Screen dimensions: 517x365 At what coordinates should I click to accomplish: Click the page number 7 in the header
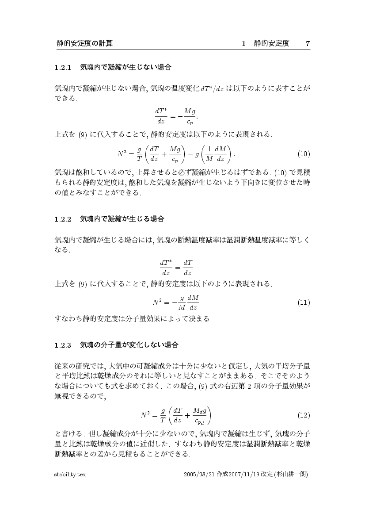click(x=308, y=43)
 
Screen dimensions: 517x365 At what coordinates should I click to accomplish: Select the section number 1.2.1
click(x=63, y=68)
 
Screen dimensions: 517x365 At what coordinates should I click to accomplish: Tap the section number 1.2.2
click(x=63, y=219)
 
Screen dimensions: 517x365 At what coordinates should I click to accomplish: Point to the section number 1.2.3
click(x=63, y=345)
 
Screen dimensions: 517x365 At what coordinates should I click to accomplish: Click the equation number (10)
click(x=304, y=154)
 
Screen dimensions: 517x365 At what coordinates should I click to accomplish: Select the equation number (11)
click(x=304, y=303)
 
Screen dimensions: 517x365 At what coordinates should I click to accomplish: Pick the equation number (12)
click(x=304, y=416)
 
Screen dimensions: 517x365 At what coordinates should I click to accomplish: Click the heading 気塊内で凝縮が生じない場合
click(x=125, y=68)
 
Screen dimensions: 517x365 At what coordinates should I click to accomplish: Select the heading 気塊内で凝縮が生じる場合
click(x=122, y=219)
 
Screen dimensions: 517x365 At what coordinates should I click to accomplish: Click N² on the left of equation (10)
click(x=122, y=154)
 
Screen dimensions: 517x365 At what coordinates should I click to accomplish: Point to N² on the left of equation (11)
click(x=158, y=303)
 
